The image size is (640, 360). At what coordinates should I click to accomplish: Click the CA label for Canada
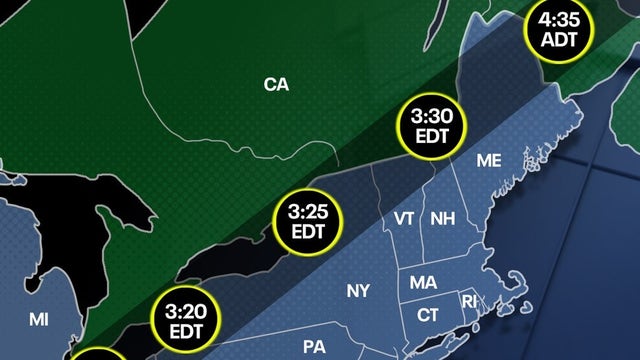(x=276, y=86)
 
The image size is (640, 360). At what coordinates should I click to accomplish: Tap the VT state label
(x=405, y=219)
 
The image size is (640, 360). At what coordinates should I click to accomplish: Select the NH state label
(x=441, y=219)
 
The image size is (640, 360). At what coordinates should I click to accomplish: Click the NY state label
(x=358, y=292)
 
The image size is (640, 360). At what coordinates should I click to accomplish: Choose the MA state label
(x=422, y=283)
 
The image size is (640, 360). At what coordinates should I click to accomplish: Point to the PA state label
(x=315, y=347)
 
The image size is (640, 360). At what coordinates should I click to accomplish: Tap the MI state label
(x=38, y=320)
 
